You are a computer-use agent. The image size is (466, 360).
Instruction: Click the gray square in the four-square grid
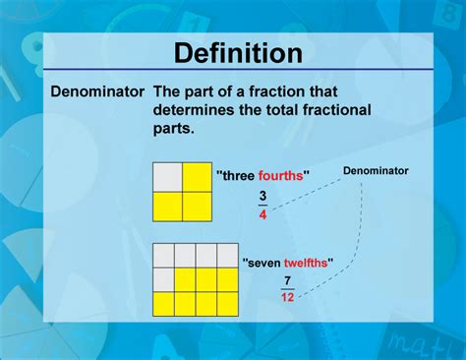click(167, 177)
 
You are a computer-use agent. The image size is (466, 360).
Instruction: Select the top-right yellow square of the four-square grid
click(196, 177)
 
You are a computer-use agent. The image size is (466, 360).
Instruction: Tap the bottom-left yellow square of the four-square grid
click(167, 206)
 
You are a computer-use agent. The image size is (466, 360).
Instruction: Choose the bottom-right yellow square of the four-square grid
click(196, 206)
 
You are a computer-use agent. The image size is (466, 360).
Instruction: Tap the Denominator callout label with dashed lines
click(376, 170)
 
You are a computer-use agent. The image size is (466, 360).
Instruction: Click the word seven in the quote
click(262, 262)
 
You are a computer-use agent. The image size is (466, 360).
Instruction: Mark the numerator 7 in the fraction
click(287, 280)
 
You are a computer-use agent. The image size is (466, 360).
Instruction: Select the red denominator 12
click(287, 297)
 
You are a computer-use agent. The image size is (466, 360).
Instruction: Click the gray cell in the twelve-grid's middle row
click(164, 280)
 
